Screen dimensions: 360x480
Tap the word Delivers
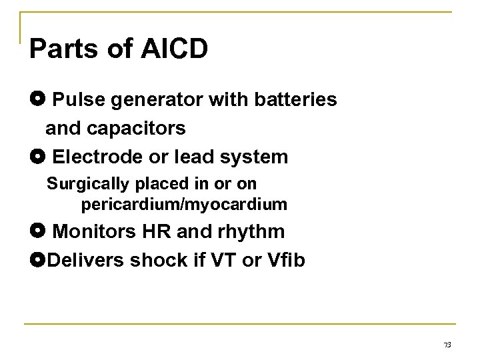point(82,260)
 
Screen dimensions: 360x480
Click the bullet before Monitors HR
point(37,231)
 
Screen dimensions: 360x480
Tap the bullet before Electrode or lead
point(37,158)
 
